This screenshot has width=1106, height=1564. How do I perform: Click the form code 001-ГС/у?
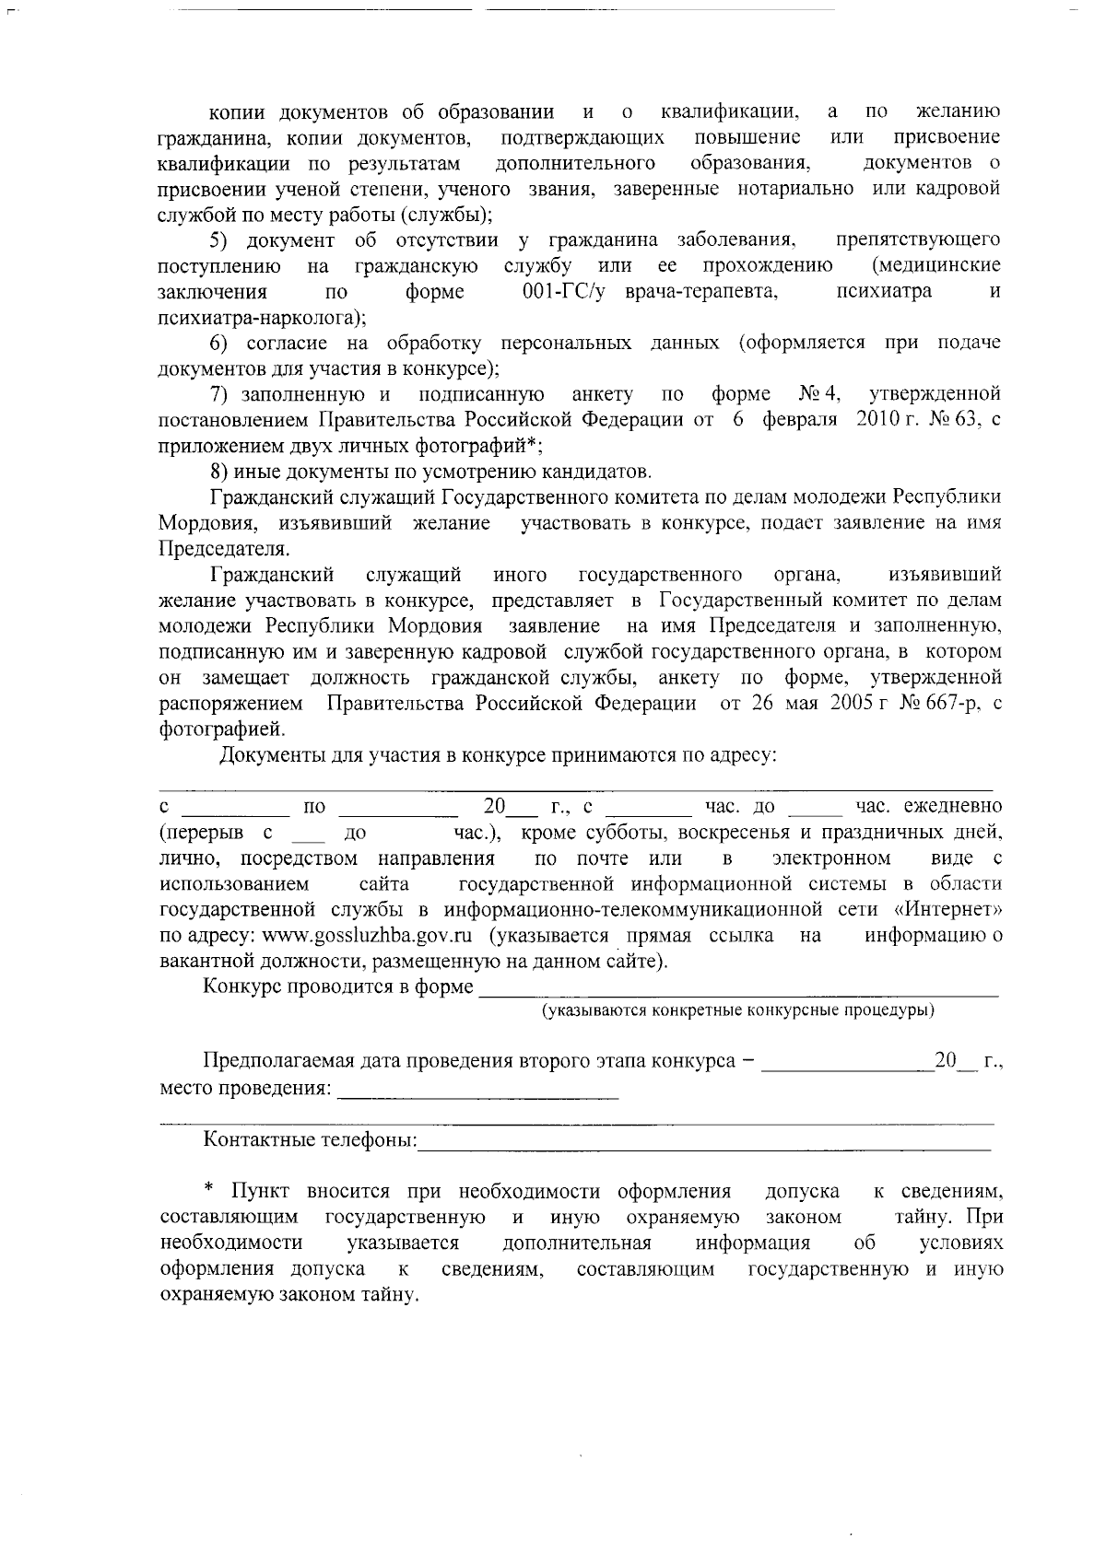tap(568, 292)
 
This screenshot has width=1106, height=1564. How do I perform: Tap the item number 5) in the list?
tap(218, 240)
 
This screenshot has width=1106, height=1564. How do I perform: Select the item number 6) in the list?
tap(218, 344)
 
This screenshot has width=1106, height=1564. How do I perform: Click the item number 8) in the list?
tap(218, 473)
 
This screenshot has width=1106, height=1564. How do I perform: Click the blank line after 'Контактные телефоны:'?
tap(705, 1145)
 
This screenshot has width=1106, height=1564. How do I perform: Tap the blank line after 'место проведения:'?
tap(479, 1092)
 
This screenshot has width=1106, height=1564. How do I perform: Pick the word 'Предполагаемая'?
tap(270, 1060)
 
